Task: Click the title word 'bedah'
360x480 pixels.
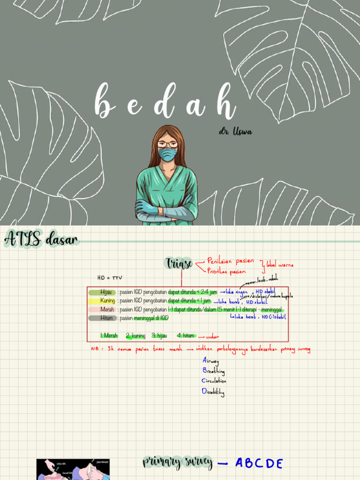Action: [165, 102]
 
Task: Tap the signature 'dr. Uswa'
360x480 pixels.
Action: [235, 132]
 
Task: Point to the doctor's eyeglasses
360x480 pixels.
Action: [167, 144]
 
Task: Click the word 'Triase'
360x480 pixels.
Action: [179, 264]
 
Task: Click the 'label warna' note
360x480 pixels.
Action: [280, 265]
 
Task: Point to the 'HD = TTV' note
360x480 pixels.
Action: [109, 277]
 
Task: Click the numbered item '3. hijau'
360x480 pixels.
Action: [159, 336]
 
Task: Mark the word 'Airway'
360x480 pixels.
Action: [210, 361]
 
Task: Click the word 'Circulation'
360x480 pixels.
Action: [214, 381]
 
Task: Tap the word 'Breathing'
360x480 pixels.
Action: [213, 371]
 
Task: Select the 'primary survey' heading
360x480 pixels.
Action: [178, 463]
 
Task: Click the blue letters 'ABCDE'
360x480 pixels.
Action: [259, 464]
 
